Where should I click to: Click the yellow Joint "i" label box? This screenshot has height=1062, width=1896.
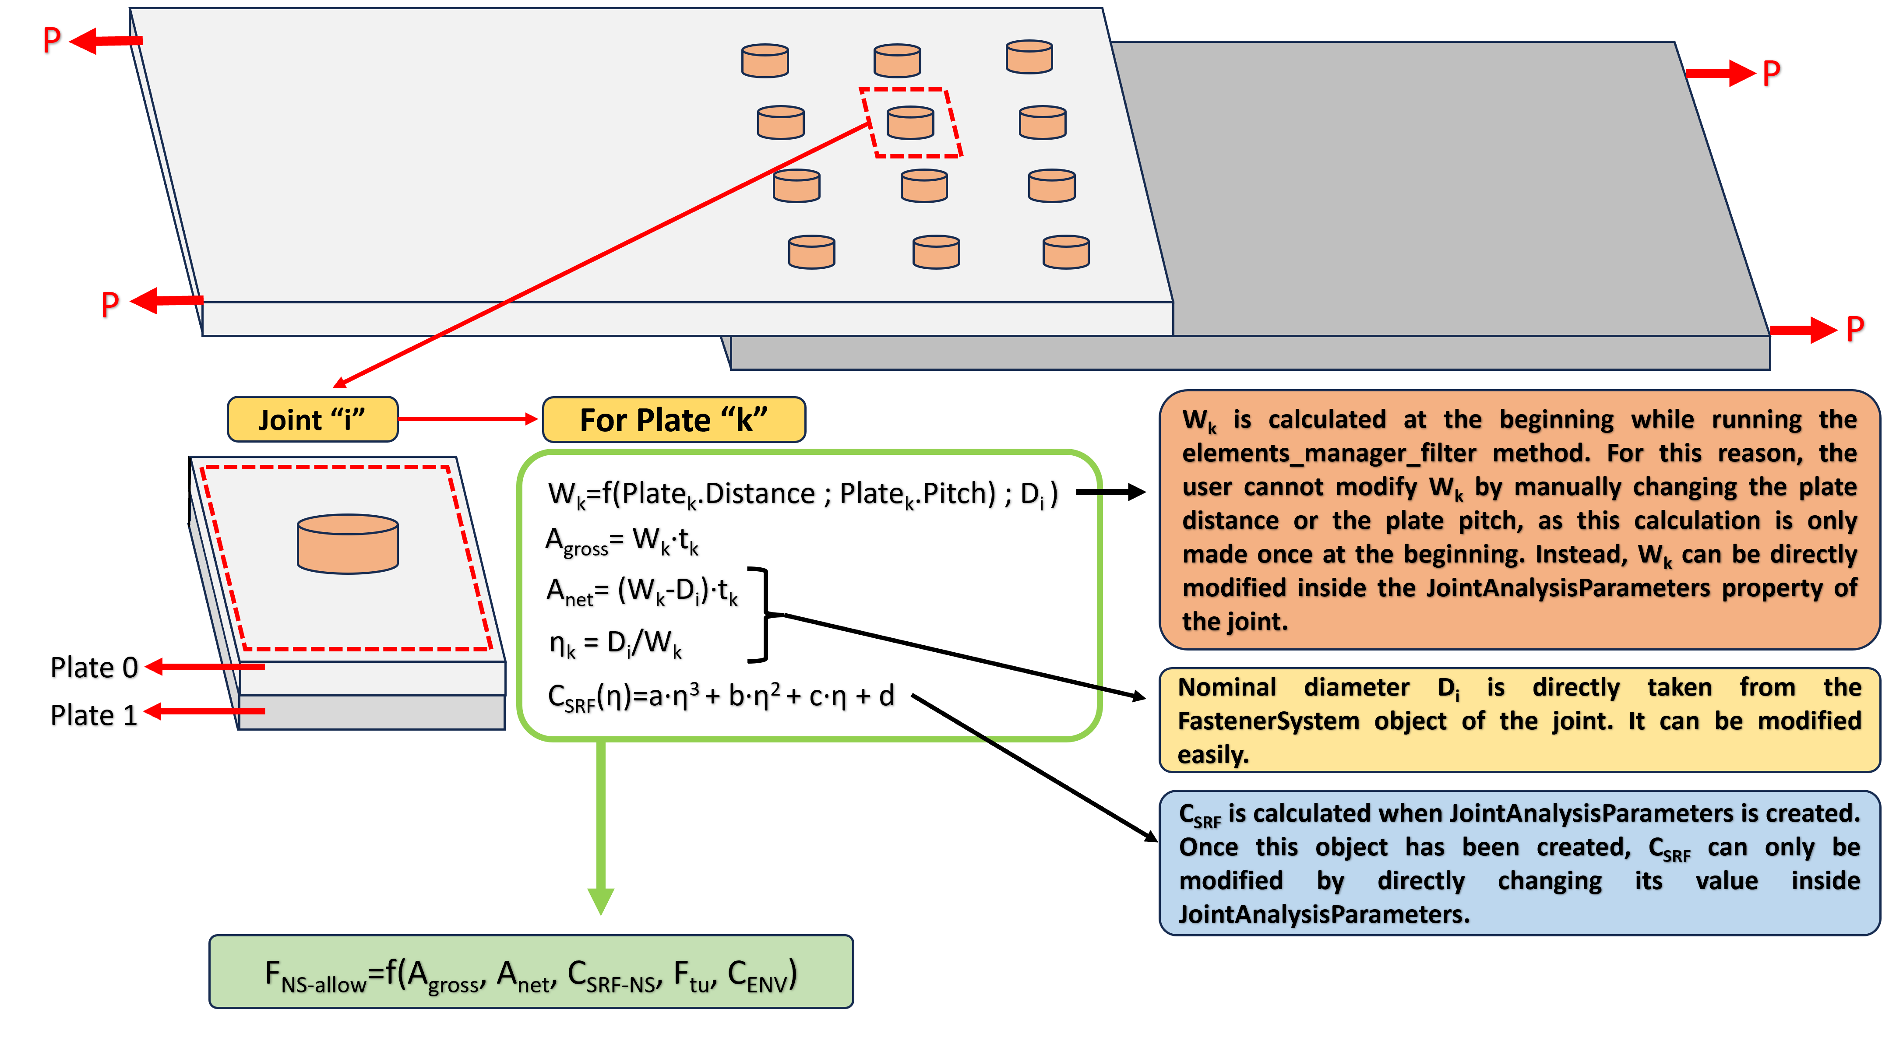pos(312,419)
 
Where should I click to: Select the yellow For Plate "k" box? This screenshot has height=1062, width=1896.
pos(673,419)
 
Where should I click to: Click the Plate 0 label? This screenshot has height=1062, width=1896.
pos(93,668)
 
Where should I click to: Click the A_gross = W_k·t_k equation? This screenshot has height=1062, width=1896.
pos(622,541)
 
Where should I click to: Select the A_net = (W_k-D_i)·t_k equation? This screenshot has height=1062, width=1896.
pos(642,591)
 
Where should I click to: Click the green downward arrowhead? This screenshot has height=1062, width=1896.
pos(601,899)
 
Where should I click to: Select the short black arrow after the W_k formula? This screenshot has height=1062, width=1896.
pos(1111,492)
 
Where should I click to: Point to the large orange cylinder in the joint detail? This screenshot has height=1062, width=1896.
pos(347,544)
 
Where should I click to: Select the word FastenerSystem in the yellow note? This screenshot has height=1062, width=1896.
pos(1268,721)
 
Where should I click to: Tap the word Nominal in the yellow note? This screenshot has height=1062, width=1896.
pos(1227,687)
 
